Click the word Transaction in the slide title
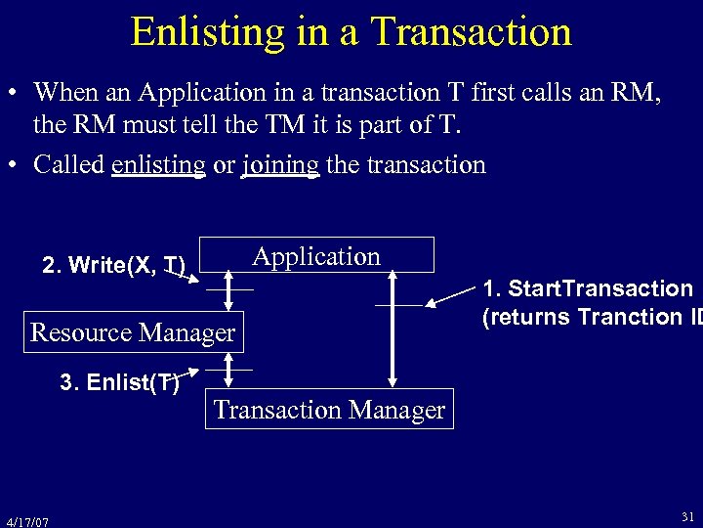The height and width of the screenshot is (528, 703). (x=472, y=31)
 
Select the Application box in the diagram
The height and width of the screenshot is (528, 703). (x=316, y=256)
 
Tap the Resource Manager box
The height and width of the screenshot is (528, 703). (x=133, y=332)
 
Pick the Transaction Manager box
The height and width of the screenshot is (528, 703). (x=329, y=410)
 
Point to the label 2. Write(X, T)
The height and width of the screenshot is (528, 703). (x=113, y=266)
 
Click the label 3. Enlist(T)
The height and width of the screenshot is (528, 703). (x=119, y=382)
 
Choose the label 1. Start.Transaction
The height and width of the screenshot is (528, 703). (x=588, y=288)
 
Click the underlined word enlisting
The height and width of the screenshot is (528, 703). (x=158, y=164)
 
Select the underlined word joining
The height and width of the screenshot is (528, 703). (x=280, y=164)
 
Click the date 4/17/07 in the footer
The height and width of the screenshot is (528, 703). (x=26, y=521)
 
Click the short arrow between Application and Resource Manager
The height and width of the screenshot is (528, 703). (x=228, y=291)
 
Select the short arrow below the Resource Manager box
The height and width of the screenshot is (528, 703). (x=228, y=370)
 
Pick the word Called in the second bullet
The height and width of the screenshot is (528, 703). (x=69, y=164)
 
